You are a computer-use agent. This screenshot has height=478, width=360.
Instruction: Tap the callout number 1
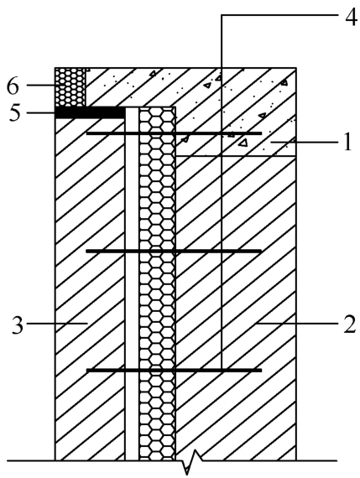click(347, 142)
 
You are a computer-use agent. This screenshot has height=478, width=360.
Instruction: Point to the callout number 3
click(18, 325)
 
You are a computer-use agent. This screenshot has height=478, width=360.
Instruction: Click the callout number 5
click(14, 113)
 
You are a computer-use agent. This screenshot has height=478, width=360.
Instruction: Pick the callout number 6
click(13, 86)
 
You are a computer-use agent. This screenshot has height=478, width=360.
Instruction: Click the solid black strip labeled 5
click(90, 113)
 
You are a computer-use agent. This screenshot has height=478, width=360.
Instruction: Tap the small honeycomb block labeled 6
click(70, 87)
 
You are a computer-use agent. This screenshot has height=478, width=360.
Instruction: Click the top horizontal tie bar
click(174, 133)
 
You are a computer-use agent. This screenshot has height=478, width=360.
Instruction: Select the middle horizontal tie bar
click(174, 252)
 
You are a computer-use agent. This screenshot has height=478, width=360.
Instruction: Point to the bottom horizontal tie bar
click(174, 371)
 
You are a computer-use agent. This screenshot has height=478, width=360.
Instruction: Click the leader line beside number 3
click(57, 323)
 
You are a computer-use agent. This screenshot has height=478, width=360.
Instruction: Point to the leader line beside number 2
click(296, 323)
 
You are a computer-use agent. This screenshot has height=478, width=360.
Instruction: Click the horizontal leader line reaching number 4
click(279, 14)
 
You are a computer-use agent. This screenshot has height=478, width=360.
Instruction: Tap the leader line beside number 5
click(41, 113)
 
